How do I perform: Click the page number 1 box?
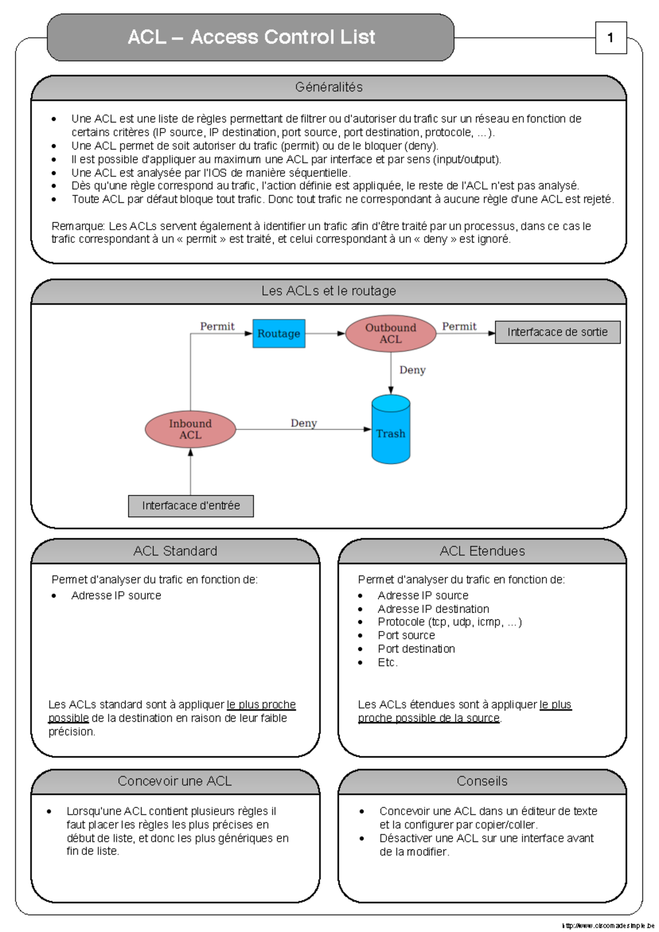[x=611, y=38]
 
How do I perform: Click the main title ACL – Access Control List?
[x=251, y=37]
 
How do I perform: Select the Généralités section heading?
[x=328, y=87]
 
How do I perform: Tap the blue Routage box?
[x=278, y=333]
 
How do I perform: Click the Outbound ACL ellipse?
[x=390, y=333]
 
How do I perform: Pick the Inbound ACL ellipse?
[x=190, y=429]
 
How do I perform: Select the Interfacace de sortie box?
[x=557, y=332]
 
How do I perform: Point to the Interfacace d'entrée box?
[x=191, y=506]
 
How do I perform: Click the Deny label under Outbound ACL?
[x=412, y=370]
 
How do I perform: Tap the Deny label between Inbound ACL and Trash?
[x=304, y=423]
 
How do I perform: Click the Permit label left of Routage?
[x=217, y=326]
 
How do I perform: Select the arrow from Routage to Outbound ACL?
[x=325, y=333]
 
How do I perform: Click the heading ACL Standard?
[x=175, y=551]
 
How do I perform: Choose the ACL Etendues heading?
[x=482, y=551]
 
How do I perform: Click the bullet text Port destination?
[x=416, y=649]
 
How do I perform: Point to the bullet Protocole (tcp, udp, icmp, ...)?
[x=449, y=622]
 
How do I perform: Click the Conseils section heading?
[x=482, y=781]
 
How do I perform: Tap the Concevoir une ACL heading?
[x=175, y=781]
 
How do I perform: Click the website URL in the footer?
[x=608, y=925]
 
